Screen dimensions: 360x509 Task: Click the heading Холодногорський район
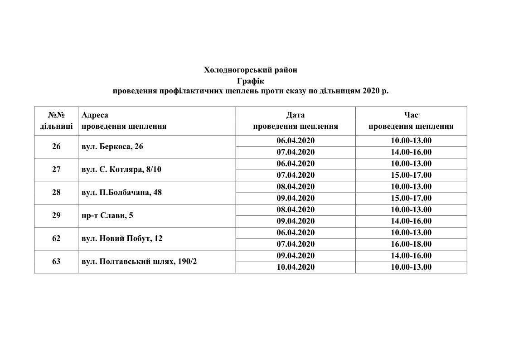pos(251,70)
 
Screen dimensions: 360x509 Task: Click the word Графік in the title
pos(250,81)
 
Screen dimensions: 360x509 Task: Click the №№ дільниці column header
pos(56,121)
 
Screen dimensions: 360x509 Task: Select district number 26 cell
pos(56,146)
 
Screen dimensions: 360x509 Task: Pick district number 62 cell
pos(56,238)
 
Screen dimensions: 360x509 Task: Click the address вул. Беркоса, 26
pos(112,146)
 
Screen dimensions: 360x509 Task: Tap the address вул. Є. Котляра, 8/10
pos(121,170)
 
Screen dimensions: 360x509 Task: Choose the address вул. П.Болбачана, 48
pos(121,192)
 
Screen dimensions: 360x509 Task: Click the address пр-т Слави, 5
pos(107,215)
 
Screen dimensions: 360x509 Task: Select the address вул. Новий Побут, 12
pos(122,238)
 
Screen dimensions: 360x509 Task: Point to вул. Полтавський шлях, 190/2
pos(139,262)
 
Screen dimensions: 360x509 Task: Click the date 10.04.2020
pos(296,267)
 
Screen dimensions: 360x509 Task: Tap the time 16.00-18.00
pos(411,244)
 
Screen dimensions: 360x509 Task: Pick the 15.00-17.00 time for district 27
pos(411,175)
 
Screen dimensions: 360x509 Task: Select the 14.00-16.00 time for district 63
pos(411,256)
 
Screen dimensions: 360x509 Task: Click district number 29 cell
pos(56,215)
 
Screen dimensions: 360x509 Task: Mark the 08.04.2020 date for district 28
pos(296,186)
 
